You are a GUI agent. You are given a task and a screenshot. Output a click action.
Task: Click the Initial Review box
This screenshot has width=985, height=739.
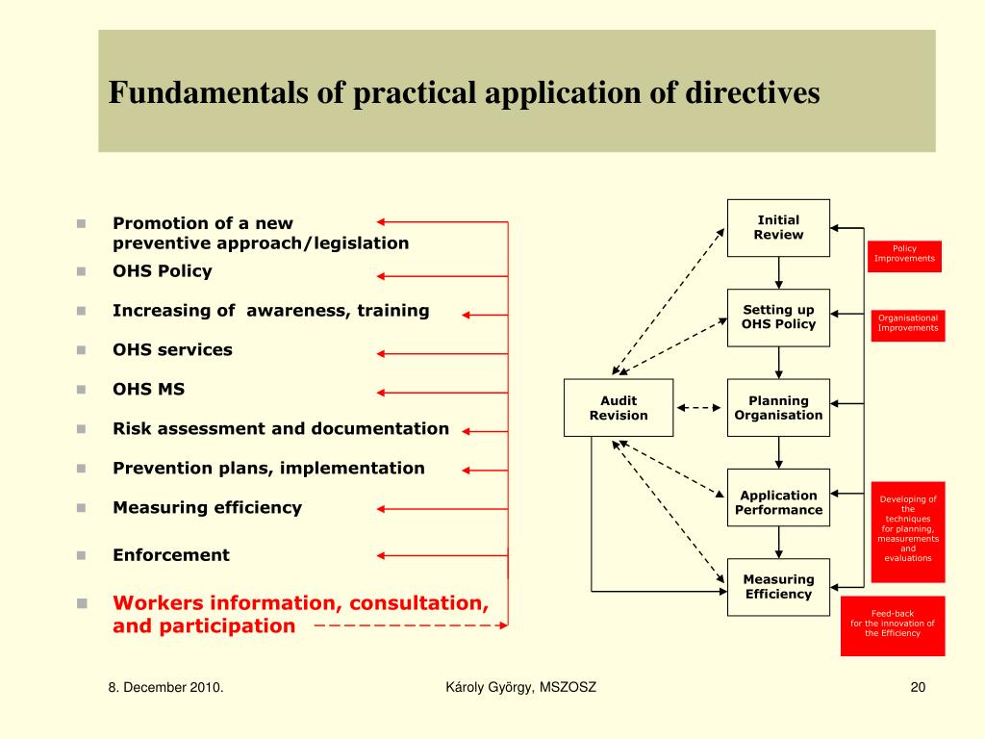tap(778, 228)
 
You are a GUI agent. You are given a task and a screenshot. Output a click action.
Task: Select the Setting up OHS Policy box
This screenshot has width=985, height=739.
tap(778, 318)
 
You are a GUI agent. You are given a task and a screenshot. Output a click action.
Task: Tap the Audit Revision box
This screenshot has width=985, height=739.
tap(619, 408)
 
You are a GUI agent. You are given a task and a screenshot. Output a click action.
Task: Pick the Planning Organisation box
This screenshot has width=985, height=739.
tap(778, 408)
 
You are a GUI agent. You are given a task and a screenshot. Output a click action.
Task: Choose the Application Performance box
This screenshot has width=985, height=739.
tap(778, 497)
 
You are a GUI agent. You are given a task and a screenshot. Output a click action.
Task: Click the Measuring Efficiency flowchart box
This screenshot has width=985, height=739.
tap(778, 587)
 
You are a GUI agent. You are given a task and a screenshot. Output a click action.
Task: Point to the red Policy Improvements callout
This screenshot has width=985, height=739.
tap(904, 254)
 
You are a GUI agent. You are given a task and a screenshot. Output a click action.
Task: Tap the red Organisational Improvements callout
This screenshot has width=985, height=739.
tap(907, 323)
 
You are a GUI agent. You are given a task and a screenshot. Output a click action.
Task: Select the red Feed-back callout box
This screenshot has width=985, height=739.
tap(893, 624)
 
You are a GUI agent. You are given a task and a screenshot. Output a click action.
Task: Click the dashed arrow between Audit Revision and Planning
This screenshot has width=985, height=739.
tap(699, 408)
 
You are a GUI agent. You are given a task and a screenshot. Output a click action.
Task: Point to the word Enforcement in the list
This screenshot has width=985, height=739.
tap(171, 555)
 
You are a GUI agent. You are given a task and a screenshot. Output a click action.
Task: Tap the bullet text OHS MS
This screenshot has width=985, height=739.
tap(148, 390)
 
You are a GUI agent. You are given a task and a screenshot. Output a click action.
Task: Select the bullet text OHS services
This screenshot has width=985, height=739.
tap(172, 350)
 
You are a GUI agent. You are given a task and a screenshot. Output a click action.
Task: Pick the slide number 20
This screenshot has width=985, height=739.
tap(917, 687)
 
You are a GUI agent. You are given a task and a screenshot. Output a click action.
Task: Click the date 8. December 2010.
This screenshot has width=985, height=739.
tap(165, 687)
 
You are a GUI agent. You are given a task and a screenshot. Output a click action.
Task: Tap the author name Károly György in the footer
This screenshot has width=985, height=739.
tap(490, 687)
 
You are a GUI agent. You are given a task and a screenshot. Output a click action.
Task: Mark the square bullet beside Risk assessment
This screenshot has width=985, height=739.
tap(83, 429)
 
